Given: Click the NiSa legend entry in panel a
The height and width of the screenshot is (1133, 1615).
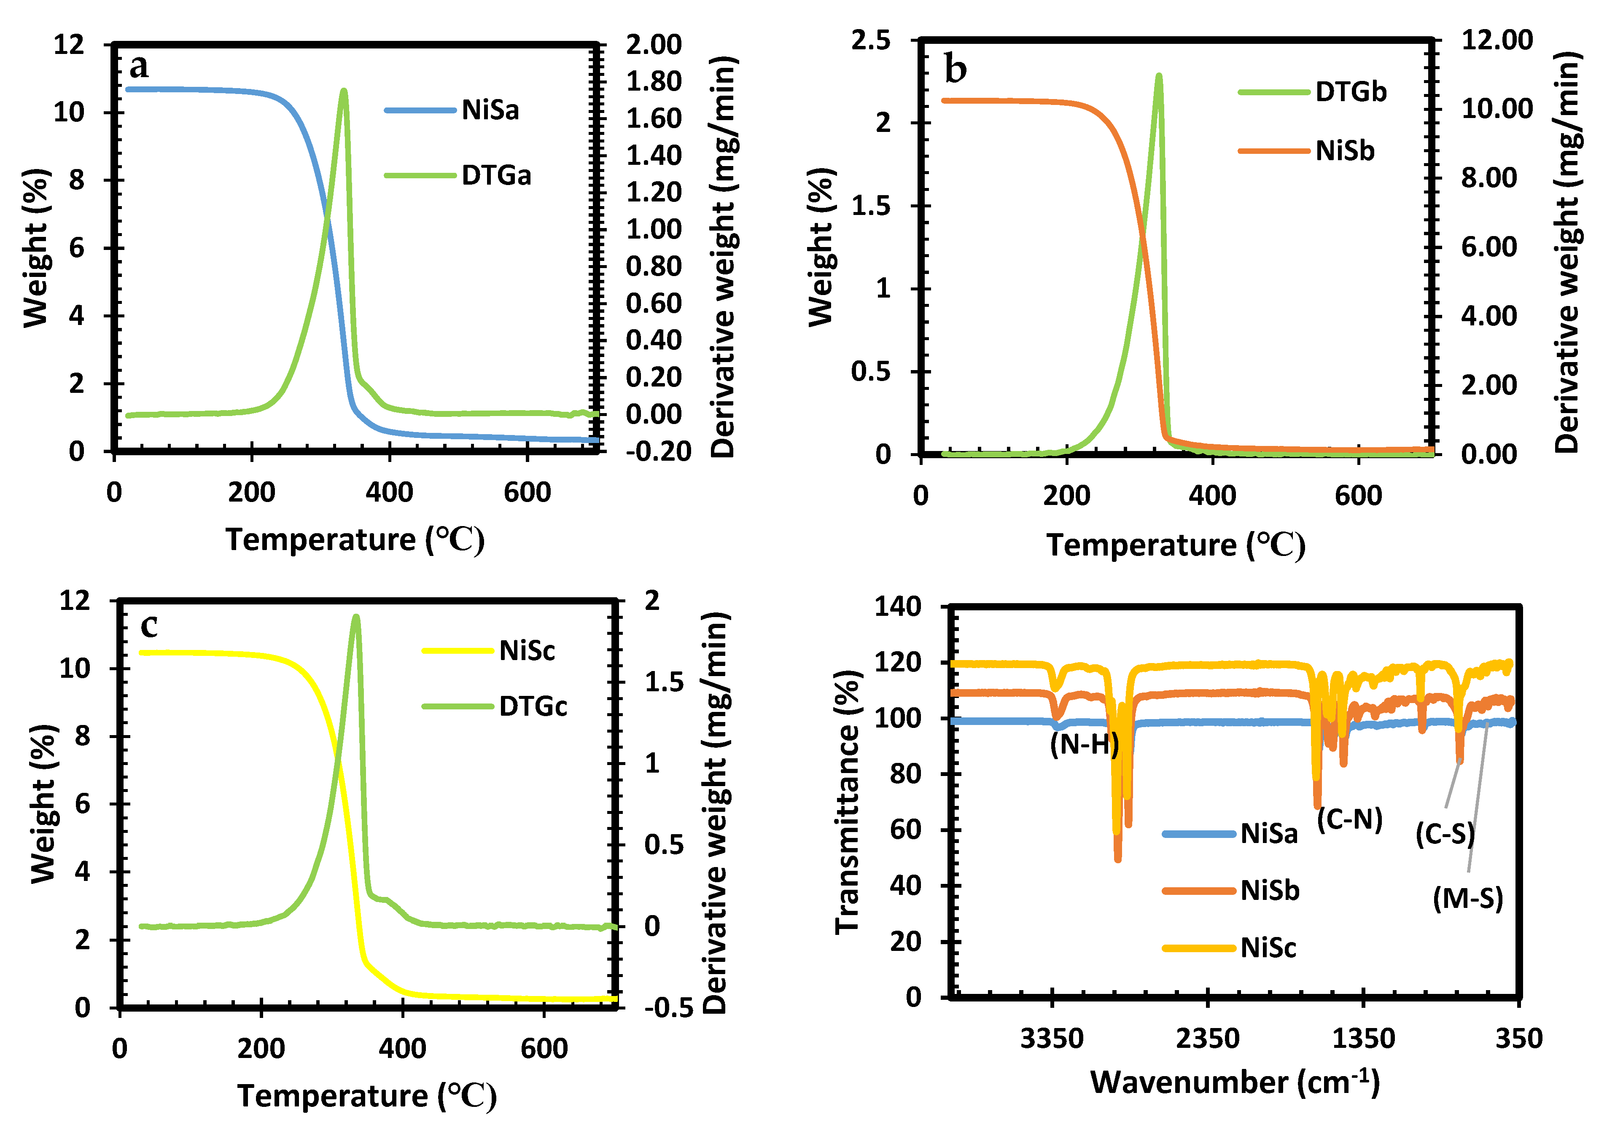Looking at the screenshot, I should coord(490,110).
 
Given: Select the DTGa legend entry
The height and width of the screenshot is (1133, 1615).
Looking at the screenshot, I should coord(496,175).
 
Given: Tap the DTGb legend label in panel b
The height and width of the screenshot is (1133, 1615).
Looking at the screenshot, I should coord(1351,91).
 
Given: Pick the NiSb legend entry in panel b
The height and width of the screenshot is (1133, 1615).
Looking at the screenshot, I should coord(1344,150).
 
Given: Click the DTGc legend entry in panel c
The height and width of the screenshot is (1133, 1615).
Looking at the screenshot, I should coord(533,706).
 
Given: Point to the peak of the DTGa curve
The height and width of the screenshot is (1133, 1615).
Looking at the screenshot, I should coord(343,91).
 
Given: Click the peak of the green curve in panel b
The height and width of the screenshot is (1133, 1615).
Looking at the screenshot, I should coord(1158,75).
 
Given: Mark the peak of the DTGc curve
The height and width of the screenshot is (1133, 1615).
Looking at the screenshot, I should coord(356,617).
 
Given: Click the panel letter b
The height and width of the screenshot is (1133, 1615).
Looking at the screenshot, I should coord(955,70).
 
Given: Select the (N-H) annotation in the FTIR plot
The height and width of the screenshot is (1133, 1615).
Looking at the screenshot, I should coord(1084,744).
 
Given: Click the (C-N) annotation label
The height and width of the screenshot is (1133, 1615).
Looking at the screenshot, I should coord(1349,819).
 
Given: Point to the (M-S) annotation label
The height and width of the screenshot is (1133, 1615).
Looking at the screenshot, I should coord(1467,898).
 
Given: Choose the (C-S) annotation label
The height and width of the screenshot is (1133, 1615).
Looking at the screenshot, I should coord(1444,834).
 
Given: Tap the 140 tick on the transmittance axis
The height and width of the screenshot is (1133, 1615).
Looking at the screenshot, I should coord(898,606).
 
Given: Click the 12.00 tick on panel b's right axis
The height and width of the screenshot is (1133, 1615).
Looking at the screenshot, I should coord(1497,40).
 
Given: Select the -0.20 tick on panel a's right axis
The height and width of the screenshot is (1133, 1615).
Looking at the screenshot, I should coord(658,451).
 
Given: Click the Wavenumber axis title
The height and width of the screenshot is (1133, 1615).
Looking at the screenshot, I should coord(1235,1082).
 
